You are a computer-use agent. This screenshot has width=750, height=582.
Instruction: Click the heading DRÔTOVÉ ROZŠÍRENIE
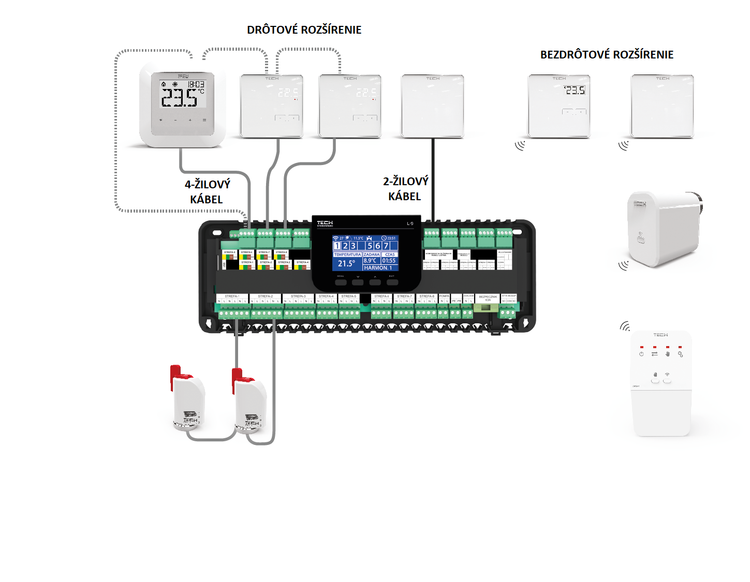tap(304, 30)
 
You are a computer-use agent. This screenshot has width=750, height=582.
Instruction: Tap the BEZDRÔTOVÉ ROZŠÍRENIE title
tap(607, 55)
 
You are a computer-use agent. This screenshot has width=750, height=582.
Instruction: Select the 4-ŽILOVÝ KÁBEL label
tap(207, 192)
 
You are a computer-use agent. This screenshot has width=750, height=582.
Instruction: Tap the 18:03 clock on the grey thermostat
tap(196, 84)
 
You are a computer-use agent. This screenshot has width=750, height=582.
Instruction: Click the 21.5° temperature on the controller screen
tap(346, 263)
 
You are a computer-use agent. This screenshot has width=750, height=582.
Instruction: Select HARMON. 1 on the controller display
tap(378, 268)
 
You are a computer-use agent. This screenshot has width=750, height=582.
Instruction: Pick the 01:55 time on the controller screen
tap(389, 261)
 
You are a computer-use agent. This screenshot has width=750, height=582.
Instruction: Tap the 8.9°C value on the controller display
tap(370, 261)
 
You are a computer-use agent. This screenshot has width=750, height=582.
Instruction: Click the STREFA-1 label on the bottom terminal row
tap(232, 296)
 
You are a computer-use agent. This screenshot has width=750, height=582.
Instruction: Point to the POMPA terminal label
tap(444, 296)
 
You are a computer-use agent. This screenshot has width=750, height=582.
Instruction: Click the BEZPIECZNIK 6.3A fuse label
tap(488, 298)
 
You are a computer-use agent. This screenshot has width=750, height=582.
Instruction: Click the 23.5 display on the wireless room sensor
tap(575, 91)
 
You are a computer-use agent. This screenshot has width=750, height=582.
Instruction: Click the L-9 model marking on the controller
tap(410, 223)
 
